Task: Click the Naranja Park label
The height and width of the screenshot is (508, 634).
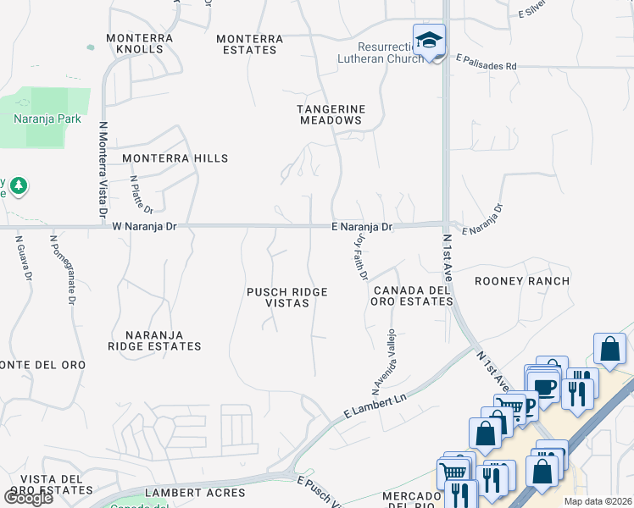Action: click(47, 119)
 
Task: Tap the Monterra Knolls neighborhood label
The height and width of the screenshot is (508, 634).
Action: click(140, 43)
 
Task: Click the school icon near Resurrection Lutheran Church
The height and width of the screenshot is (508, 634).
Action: click(430, 41)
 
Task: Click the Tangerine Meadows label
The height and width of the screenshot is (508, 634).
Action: click(331, 114)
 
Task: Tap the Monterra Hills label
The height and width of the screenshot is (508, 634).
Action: click(175, 158)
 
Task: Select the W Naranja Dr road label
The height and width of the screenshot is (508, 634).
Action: click(144, 226)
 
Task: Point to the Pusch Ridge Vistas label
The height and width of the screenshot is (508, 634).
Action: click(286, 297)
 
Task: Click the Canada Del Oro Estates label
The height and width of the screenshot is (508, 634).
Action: click(410, 295)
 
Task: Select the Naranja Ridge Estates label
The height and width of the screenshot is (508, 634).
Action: click(154, 340)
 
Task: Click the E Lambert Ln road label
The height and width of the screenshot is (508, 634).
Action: click(375, 405)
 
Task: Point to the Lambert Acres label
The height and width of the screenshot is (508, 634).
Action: click(195, 492)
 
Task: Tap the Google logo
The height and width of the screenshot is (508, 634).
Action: click(29, 497)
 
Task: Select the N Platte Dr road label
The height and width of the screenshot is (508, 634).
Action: click(142, 195)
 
